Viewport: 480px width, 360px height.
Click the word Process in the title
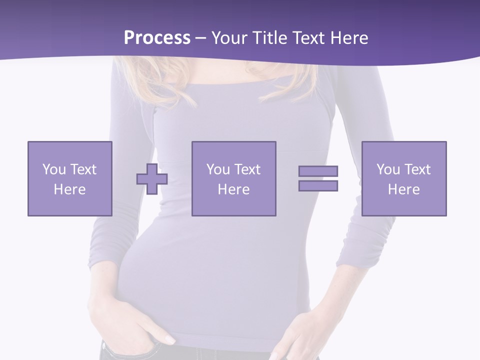point(157,37)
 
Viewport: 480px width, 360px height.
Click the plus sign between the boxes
point(152,179)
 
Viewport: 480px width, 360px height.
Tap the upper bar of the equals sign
point(318,171)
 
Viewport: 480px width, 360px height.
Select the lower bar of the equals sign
point(318,185)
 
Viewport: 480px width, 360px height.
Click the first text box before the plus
point(69,178)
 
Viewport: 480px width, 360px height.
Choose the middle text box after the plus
point(233,178)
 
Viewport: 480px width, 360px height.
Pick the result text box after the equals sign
point(403,178)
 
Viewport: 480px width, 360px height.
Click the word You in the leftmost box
point(54,169)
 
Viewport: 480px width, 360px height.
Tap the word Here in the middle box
point(233,189)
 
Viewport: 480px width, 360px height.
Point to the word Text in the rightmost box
point(417,169)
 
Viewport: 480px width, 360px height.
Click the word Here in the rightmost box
point(403,189)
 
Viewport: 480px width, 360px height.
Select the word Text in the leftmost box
point(83,169)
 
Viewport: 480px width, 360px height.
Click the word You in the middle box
point(218,169)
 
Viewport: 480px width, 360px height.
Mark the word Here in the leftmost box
point(69,189)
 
